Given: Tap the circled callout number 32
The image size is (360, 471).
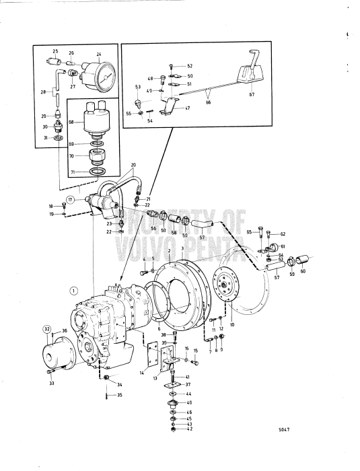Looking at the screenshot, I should [48, 328].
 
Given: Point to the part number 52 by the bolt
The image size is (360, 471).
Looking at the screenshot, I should [190, 66].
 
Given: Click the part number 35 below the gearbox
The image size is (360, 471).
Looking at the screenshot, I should [120, 395].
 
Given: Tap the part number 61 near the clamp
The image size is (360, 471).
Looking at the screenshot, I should [283, 247].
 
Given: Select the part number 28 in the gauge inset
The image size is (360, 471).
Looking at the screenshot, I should [44, 91].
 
